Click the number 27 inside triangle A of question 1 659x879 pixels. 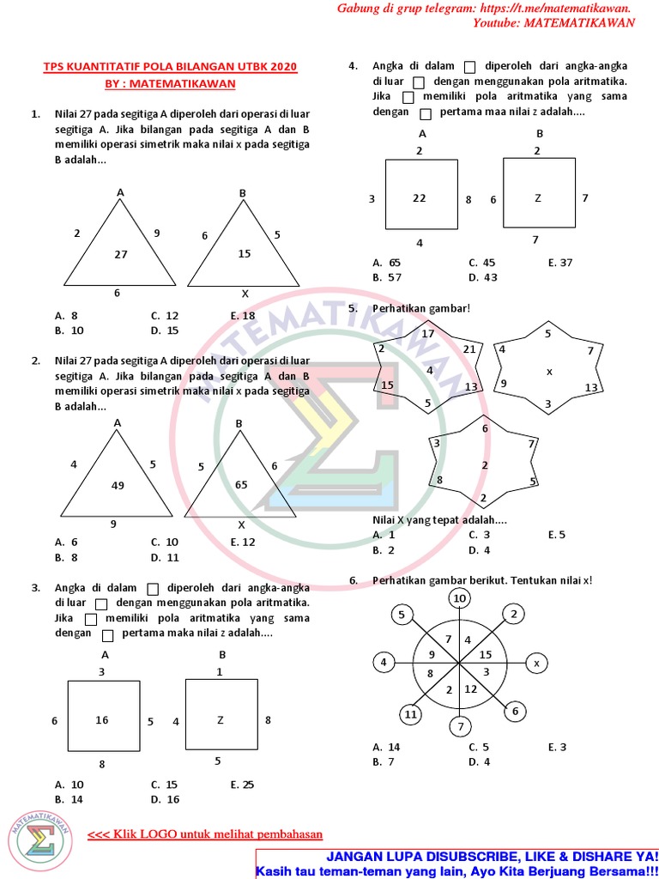pyautogui.click(x=120, y=255)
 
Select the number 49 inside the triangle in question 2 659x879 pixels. pyautogui.click(x=118, y=486)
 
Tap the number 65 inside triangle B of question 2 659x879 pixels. pyautogui.click(x=241, y=485)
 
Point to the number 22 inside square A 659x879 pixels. pyautogui.click(x=419, y=198)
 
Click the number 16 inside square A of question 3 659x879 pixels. pyautogui.click(x=102, y=720)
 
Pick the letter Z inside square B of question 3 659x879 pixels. pyautogui.click(x=220, y=720)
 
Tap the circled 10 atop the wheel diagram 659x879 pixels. pyautogui.click(x=460, y=598)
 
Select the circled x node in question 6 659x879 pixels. pyautogui.click(x=536, y=664)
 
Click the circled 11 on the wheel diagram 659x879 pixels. pyautogui.click(x=411, y=714)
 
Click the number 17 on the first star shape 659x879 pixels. pyautogui.click(x=428, y=333)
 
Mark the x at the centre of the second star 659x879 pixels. pyautogui.click(x=550, y=371)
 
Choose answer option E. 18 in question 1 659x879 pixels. pyautogui.click(x=243, y=316)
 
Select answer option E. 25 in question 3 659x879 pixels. pyautogui.click(x=243, y=785)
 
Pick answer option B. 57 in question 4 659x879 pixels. pyautogui.click(x=387, y=278)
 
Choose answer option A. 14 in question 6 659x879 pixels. pyautogui.click(x=386, y=748)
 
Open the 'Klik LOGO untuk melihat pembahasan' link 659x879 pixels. pyautogui.click(x=205, y=834)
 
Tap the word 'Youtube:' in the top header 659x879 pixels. pyautogui.click(x=495, y=23)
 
